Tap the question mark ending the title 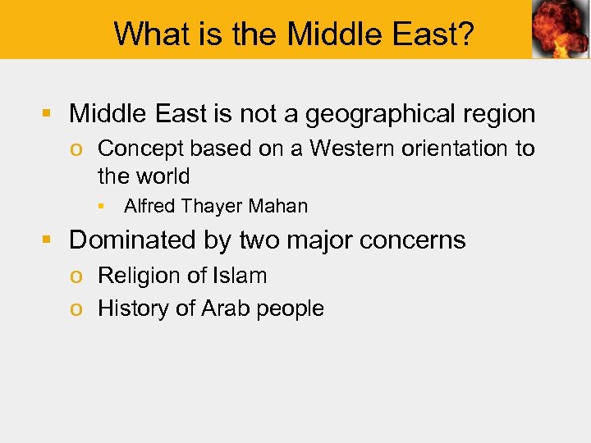click(x=467, y=34)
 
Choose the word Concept click(x=141, y=148)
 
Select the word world click(x=161, y=176)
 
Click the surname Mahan click(x=281, y=207)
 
